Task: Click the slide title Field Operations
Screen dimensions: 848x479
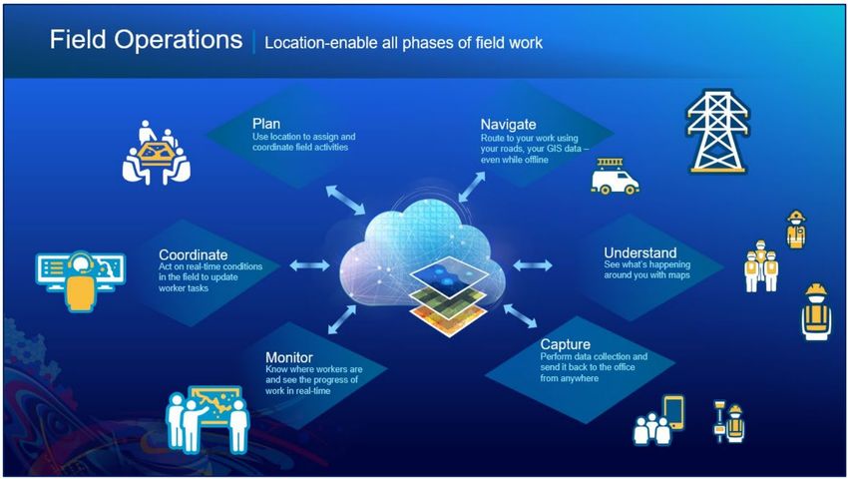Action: [x=146, y=40]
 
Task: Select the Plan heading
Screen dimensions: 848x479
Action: [x=266, y=124]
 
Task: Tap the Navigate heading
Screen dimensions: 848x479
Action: [x=509, y=125]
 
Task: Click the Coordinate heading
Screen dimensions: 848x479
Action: [x=194, y=254]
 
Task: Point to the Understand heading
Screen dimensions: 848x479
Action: [x=640, y=252]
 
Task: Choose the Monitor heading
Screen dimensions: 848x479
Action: [x=289, y=358]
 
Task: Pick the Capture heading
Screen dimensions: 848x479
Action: [x=565, y=344]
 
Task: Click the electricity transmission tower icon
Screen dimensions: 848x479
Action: [x=717, y=132]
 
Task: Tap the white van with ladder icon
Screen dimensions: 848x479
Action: [x=615, y=177]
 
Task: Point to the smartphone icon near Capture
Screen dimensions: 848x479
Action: [x=673, y=412]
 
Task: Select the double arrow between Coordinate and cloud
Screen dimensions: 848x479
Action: [x=309, y=265]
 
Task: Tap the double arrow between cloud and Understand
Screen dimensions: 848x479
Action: [x=533, y=265]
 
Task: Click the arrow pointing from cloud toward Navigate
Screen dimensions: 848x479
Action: [x=472, y=188]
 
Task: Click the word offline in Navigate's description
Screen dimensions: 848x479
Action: [x=536, y=161]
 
